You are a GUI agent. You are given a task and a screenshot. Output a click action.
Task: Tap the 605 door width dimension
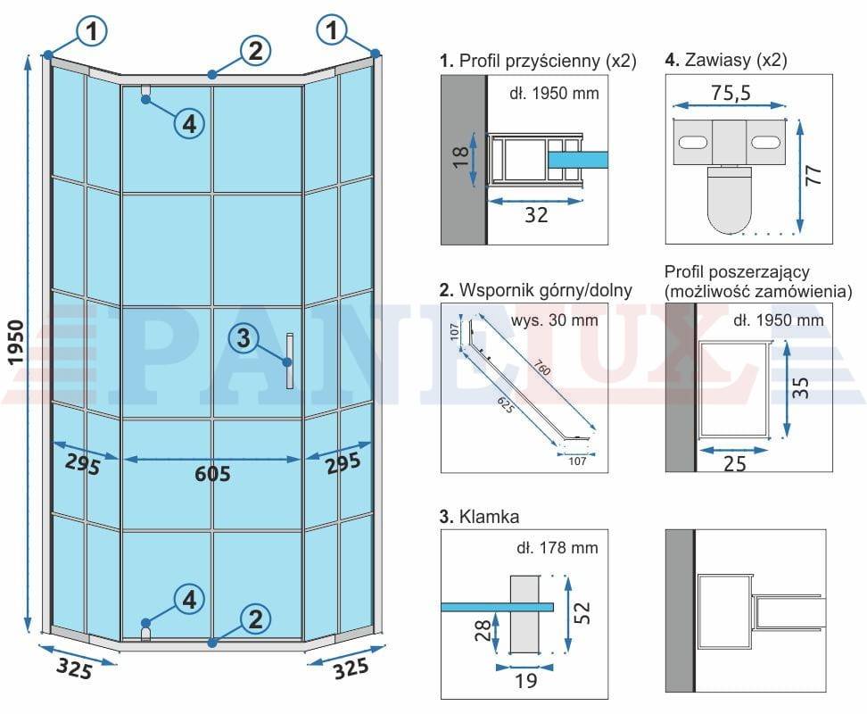point(212,474)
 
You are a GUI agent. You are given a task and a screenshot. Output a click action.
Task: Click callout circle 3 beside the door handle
point(244,338)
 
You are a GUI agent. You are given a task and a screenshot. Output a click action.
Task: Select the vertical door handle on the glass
point(290,361)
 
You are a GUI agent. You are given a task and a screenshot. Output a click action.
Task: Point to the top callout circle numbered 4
point(189,124)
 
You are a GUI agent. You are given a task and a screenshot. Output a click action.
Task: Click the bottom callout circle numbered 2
point(255,619)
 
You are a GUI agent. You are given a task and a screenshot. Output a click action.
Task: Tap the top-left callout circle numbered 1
point(91,30)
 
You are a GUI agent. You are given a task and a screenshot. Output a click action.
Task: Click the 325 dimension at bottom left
point(75,668)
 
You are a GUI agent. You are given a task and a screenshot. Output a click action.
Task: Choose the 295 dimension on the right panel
point(343,463)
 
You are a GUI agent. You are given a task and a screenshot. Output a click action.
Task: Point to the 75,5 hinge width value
point(731,92)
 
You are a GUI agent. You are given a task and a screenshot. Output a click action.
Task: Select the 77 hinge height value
point(813,175)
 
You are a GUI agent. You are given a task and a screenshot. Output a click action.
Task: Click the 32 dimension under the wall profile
point(536,214)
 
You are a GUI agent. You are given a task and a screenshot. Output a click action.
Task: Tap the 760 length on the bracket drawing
point(542,367)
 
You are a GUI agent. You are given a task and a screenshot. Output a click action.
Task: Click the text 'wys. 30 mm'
point(555,320)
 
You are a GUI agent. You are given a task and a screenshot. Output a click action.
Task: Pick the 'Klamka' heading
point(489,517)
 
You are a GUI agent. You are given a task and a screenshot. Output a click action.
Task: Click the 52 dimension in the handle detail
point(582,613)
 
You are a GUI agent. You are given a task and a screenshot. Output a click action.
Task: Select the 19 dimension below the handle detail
point(526,681)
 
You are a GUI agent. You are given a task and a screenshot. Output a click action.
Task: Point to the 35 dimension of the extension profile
point(800,387)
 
